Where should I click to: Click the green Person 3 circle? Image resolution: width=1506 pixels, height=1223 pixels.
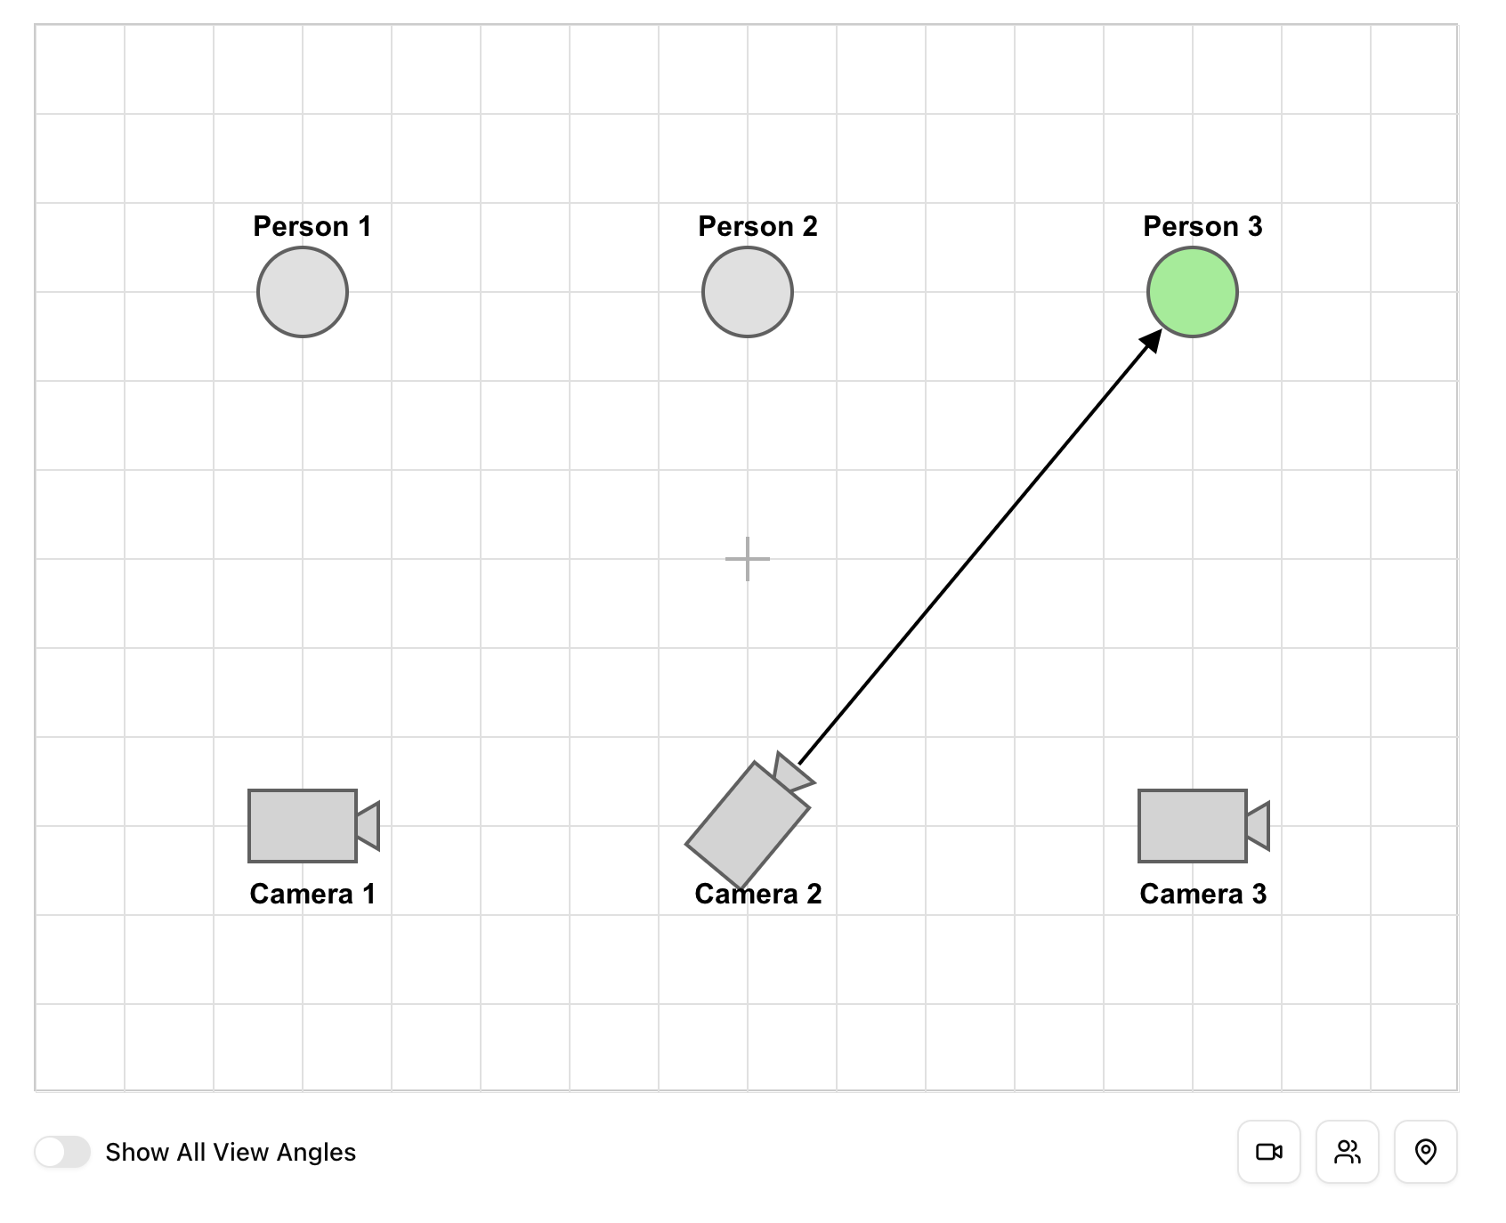(x=1192, y=292)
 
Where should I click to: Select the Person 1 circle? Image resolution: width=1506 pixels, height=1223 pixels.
(x=303, y=292)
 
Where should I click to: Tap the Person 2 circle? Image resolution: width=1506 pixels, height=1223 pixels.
(x=748, y=292)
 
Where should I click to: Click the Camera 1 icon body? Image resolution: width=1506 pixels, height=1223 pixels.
(x=303, y=826)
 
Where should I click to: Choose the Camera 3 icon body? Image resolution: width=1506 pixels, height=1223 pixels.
(x=1193, y=826)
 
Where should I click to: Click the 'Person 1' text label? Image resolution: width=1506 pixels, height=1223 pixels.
(x=312, y=226)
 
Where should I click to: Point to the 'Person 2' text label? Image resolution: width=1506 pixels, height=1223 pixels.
(x=757, y=226)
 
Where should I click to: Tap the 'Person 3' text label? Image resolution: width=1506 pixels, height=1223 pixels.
(x=1202, y=226)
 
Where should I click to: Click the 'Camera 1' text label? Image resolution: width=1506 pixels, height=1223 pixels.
(x=312, y=894)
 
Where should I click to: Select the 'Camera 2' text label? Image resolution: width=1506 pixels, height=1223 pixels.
(x=757, y=894)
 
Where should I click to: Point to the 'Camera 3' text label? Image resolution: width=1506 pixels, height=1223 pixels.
(x=1202, y=894)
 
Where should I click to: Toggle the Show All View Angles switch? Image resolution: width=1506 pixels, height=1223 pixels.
(x=62, y=1152)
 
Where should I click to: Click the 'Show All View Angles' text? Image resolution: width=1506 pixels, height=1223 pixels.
(x=231, y=1152)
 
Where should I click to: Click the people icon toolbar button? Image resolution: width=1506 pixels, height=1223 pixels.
(x=1348, y=1152)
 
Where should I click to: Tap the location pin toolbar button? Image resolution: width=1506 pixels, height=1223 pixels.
(x=1426, y=1152)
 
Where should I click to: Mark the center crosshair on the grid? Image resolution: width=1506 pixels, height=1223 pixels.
(x=748, y=559)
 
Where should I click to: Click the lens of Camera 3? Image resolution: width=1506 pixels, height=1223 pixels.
(x=1258, y=825)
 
